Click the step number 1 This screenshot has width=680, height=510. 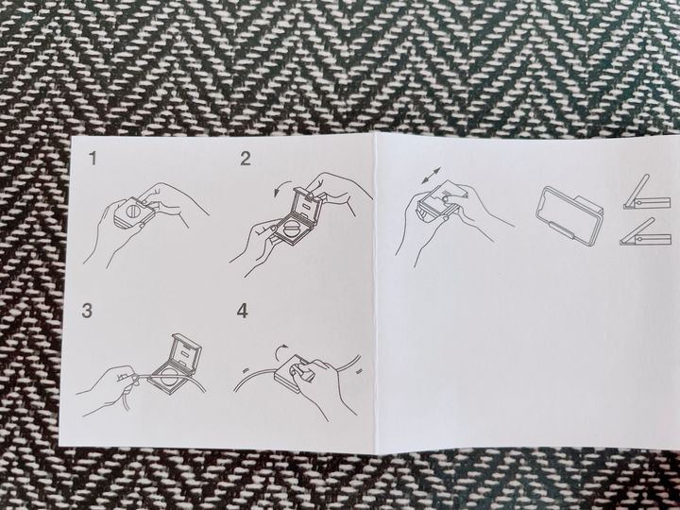tap(93, 159)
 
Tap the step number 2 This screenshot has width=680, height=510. tap(246, 159)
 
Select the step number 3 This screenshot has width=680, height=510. tap(87, 311)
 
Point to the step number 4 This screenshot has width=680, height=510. tap(243, 311)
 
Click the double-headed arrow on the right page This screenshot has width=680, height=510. tap(431, 178)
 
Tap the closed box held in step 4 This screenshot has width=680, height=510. tap(292, 372)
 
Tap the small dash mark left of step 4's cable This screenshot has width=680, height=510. tap(246, 369)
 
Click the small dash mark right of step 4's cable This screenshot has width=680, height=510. tap(359, 371)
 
